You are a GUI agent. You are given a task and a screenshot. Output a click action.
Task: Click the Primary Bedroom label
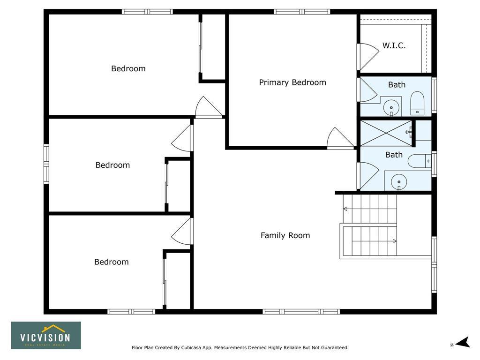click(x=292, y=82)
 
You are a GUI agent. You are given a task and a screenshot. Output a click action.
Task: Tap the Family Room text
click(x=285, y=235)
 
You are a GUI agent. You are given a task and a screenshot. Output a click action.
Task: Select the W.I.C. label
click(x=394, y=46)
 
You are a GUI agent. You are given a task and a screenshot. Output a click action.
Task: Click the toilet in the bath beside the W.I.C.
click(x=417, y=103)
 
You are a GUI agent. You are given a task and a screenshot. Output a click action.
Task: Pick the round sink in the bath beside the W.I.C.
click(x=391, y=108)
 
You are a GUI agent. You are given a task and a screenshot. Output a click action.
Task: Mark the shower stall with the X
click(x=386, y=133)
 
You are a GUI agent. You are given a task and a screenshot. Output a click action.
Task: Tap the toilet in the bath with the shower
click(x=420, y=161)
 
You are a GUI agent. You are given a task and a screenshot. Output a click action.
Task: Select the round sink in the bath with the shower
click(x=399, y=182)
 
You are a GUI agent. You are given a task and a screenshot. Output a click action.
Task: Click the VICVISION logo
click(x=46, y=335)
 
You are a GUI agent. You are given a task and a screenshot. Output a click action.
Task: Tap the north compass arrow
click(x=463, y=342)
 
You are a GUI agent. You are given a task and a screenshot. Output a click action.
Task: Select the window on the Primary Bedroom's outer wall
click(x=301, y=12)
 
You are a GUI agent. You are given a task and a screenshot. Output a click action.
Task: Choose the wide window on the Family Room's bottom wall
click(x=301, y=312)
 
